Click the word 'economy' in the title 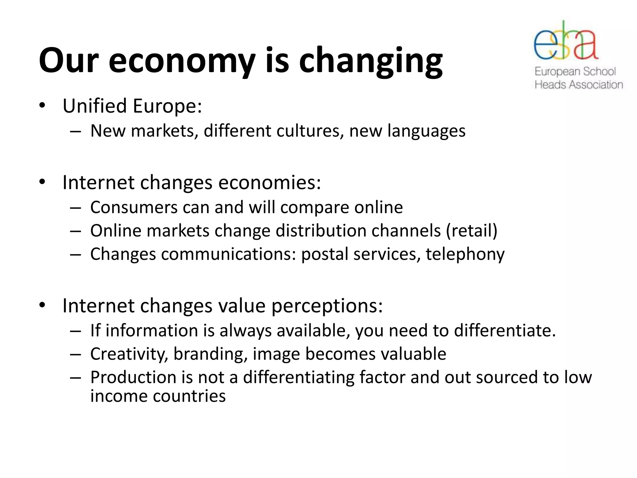click(x=182, y=61)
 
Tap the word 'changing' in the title click(x=371, y=61)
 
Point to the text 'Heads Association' click(x=579, y=85)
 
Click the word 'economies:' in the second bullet click(x=269, y=182)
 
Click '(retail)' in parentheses click(x=472, y=231)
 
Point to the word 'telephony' click(x=465, y=255)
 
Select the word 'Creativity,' click(x=129, y=354)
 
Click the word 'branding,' click(x=211, y=354)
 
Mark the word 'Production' click(x=133, y=377)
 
